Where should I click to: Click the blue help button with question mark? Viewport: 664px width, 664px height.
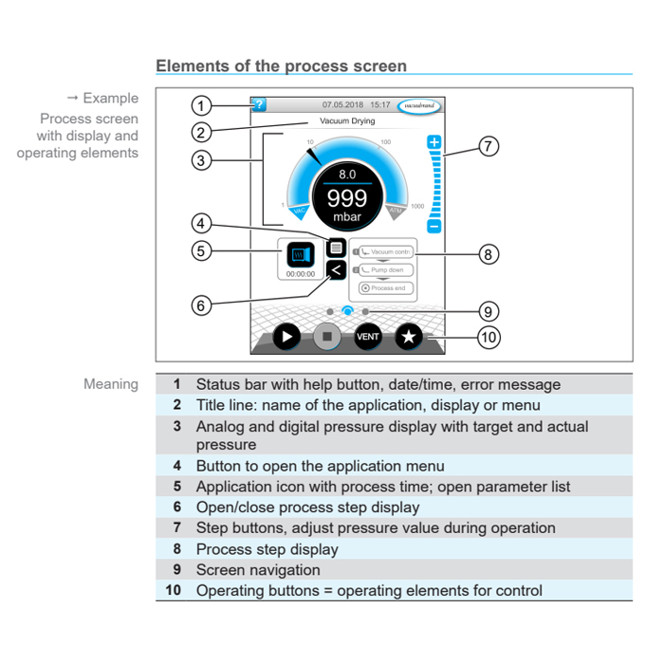tap(258, 105)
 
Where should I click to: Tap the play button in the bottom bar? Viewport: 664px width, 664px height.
tap(286, 337)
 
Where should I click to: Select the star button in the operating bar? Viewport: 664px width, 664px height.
tap(408, 337)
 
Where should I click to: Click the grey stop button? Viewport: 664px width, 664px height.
tap(327, 337)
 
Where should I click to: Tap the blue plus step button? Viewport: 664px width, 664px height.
tap(433, 143)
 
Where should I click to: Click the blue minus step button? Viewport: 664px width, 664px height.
tap(433, 226)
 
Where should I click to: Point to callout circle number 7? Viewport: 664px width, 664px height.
tap(489, 147)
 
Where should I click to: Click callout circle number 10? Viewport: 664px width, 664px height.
tap(489, 337)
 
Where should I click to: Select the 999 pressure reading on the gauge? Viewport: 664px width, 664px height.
tap(347, 198)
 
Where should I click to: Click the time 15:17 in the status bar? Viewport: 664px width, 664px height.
tap(379, 105)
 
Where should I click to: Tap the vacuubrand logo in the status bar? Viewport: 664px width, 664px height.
tap(418, 105)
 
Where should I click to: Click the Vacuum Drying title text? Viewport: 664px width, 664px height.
tap(347, 121)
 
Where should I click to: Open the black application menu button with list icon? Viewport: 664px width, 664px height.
tap(335, 249)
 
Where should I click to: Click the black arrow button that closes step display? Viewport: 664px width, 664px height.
tap(335, 270)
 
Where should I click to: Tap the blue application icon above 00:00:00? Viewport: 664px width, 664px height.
tap(301, 254)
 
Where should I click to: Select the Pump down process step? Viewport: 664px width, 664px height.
tap(384, 270)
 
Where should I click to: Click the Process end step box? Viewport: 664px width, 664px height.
tap(384, 288)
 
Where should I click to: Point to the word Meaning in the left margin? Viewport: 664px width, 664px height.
tap(110, 384)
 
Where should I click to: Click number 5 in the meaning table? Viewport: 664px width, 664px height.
tap(176, 487)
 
